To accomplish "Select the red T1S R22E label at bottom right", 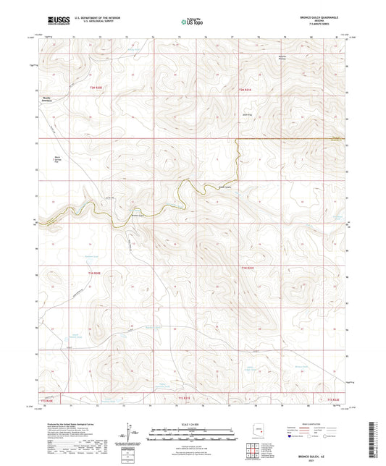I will point(332,399).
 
